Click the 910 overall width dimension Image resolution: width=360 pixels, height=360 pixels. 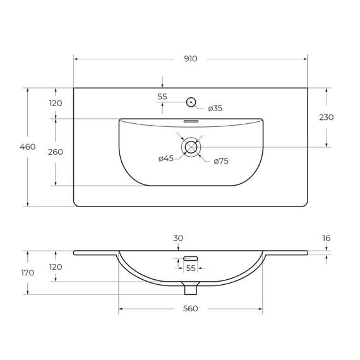click(x=191, y=59)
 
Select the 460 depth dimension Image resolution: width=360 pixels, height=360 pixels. click(x=27, y=147)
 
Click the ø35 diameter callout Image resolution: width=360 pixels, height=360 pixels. click(x=215, y=108)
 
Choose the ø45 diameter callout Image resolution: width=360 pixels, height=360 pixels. click(x=165, y=159)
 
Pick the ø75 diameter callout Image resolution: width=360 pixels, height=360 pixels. click(x=220, y=161)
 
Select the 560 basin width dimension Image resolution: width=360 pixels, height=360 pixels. click(x=191, y=308)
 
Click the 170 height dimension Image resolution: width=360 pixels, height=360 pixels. click(x=27, y=273)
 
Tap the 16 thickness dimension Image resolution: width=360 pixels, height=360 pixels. click(x=326, y=238)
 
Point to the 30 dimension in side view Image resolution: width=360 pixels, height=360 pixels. click(x=178, y=238)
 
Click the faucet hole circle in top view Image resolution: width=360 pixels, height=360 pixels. click(x=190, y=101)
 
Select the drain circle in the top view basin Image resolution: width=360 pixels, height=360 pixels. click(x=190, y=147)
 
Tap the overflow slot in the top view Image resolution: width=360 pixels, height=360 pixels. click(x=191, y=121)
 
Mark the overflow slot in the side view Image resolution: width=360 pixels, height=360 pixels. click(x=191, y=258)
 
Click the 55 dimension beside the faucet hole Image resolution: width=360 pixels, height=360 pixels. click(x=162, y=97)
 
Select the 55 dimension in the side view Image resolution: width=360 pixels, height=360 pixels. click(x=191, y=268)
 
